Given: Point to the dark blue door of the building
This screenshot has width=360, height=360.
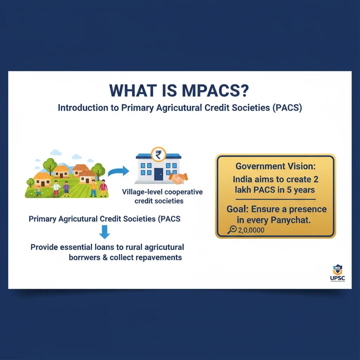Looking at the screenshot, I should point(158,174).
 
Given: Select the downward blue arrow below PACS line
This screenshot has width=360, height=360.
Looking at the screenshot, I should point(104,232).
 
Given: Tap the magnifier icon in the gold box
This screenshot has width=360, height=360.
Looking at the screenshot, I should point(232,230).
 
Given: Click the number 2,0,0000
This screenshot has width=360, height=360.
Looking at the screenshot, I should point(251,231).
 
